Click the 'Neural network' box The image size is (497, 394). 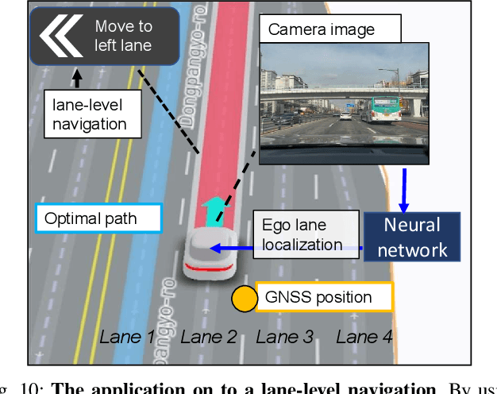[412, 236]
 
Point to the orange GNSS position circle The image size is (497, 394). [245, 299]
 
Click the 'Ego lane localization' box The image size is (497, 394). [306, 235]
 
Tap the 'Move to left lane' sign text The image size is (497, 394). [123, 36]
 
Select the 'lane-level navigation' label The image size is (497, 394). [89, 113]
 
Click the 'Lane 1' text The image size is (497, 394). [126, 337]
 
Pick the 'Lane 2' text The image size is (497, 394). [208, 337]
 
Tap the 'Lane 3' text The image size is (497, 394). [284, 337]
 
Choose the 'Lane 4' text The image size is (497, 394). [364, 337]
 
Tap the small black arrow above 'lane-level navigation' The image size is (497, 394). [76, 78]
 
